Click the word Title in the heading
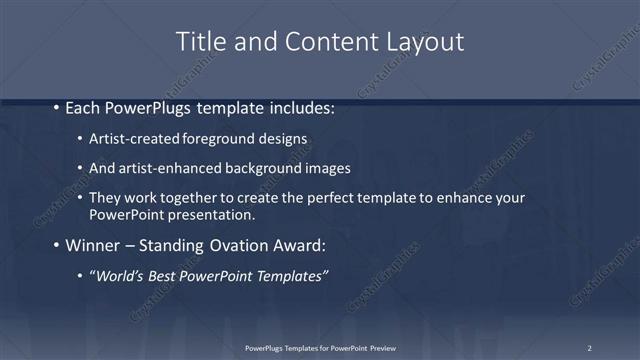click(x=200, y=42)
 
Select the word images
click(x=322, y=167)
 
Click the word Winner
click(x=95, y=245)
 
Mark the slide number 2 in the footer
click(x=589, y=348)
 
